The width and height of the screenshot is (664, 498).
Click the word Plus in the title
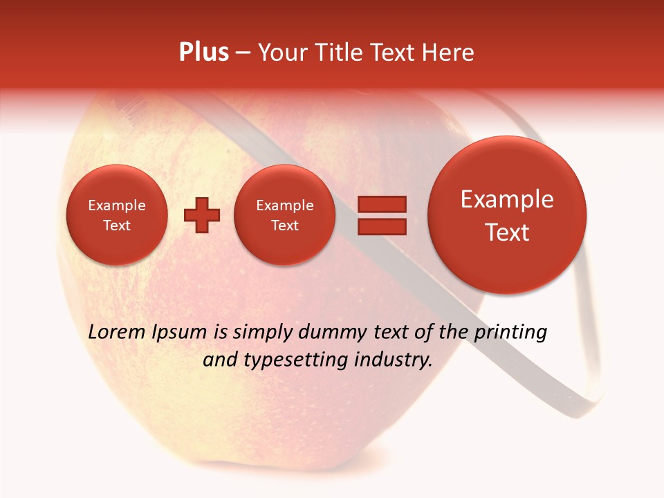tap(203, 53)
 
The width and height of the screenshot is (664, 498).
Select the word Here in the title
tap(449, 53)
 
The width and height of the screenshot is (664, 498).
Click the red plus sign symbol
tap(201, 215)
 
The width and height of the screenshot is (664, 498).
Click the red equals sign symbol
tap(382, 215)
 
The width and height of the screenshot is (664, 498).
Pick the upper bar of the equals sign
tap(382, 204)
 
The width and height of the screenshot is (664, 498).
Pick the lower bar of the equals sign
tap(382, 226)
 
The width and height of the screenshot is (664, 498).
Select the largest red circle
tap(507, 215)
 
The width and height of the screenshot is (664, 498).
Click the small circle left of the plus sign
tap(116, 215)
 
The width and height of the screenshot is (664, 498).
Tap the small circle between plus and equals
tap(284, 215)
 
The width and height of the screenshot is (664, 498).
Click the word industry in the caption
tap(394, 360)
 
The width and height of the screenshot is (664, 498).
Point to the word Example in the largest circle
tap(507, 199)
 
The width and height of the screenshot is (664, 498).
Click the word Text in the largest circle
tap(507, 232)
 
